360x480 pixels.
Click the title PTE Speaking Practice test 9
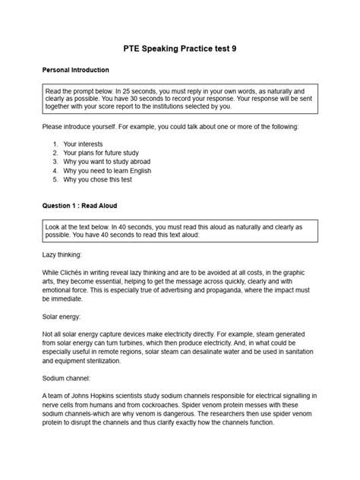(179, 48)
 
